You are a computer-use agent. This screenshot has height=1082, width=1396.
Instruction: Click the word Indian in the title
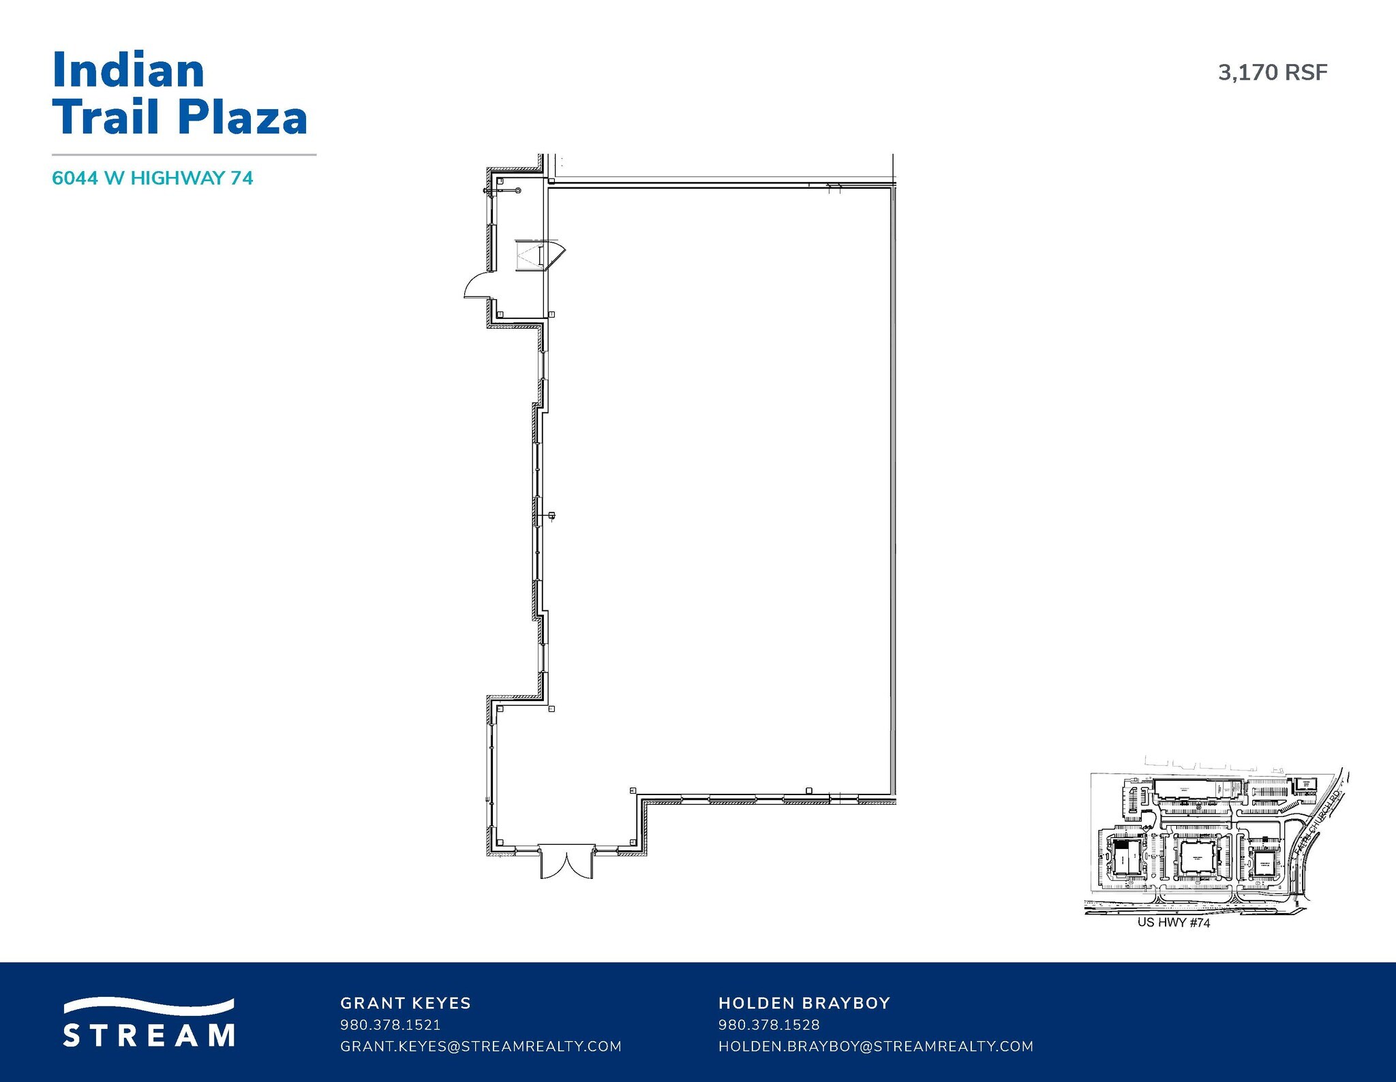pos(128,71)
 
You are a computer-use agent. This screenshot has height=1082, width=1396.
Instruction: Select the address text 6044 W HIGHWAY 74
pos(153,179)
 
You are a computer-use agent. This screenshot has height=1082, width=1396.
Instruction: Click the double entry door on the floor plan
pos(566,863)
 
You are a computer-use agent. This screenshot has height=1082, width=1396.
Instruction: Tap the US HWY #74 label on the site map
pos(1174,923)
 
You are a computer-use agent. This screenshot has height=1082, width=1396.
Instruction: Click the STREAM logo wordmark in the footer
pos(149,1034)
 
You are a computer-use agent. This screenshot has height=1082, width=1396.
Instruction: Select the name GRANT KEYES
pos(406,1003)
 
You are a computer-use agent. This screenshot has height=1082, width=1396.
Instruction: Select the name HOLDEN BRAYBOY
pos(804,1003)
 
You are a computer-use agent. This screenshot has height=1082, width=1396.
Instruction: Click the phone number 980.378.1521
pos(390,1025)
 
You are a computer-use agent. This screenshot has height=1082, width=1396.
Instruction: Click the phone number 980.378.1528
pos(769,1025)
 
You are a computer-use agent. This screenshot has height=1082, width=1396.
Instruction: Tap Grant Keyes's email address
pos(481,1046)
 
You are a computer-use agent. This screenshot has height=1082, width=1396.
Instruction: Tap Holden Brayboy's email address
pos(876,1046)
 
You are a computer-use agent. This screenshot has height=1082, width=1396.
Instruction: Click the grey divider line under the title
pos(184,155)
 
